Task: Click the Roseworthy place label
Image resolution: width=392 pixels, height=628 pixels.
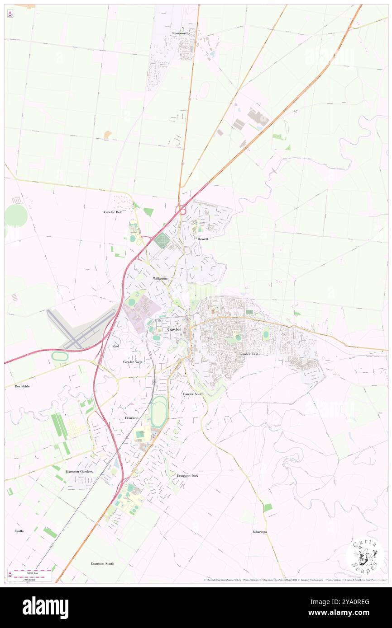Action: point(181,33)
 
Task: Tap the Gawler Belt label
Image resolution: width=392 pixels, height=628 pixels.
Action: point(113,212)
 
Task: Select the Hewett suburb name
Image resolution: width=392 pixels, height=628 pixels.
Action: point(202,239)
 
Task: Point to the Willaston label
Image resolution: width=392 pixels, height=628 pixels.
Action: point(160,278)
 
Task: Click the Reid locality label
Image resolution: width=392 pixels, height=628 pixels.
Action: point(115,346)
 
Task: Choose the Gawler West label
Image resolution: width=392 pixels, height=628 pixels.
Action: point(133,362)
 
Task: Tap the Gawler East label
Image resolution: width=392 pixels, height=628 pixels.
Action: point(249,354)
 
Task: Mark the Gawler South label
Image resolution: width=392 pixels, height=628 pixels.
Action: point(193,394)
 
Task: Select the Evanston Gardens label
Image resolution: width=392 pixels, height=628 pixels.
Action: point(79,471)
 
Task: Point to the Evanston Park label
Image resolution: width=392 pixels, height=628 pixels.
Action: point(187,476)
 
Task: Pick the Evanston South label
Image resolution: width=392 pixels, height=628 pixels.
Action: point(102,563)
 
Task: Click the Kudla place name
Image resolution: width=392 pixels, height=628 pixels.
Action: point(19,531)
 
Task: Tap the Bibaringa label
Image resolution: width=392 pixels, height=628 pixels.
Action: point(259,532)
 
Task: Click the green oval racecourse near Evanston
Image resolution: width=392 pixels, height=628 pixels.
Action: point(159,412)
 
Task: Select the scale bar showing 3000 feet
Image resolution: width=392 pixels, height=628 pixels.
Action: point(29,572)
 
